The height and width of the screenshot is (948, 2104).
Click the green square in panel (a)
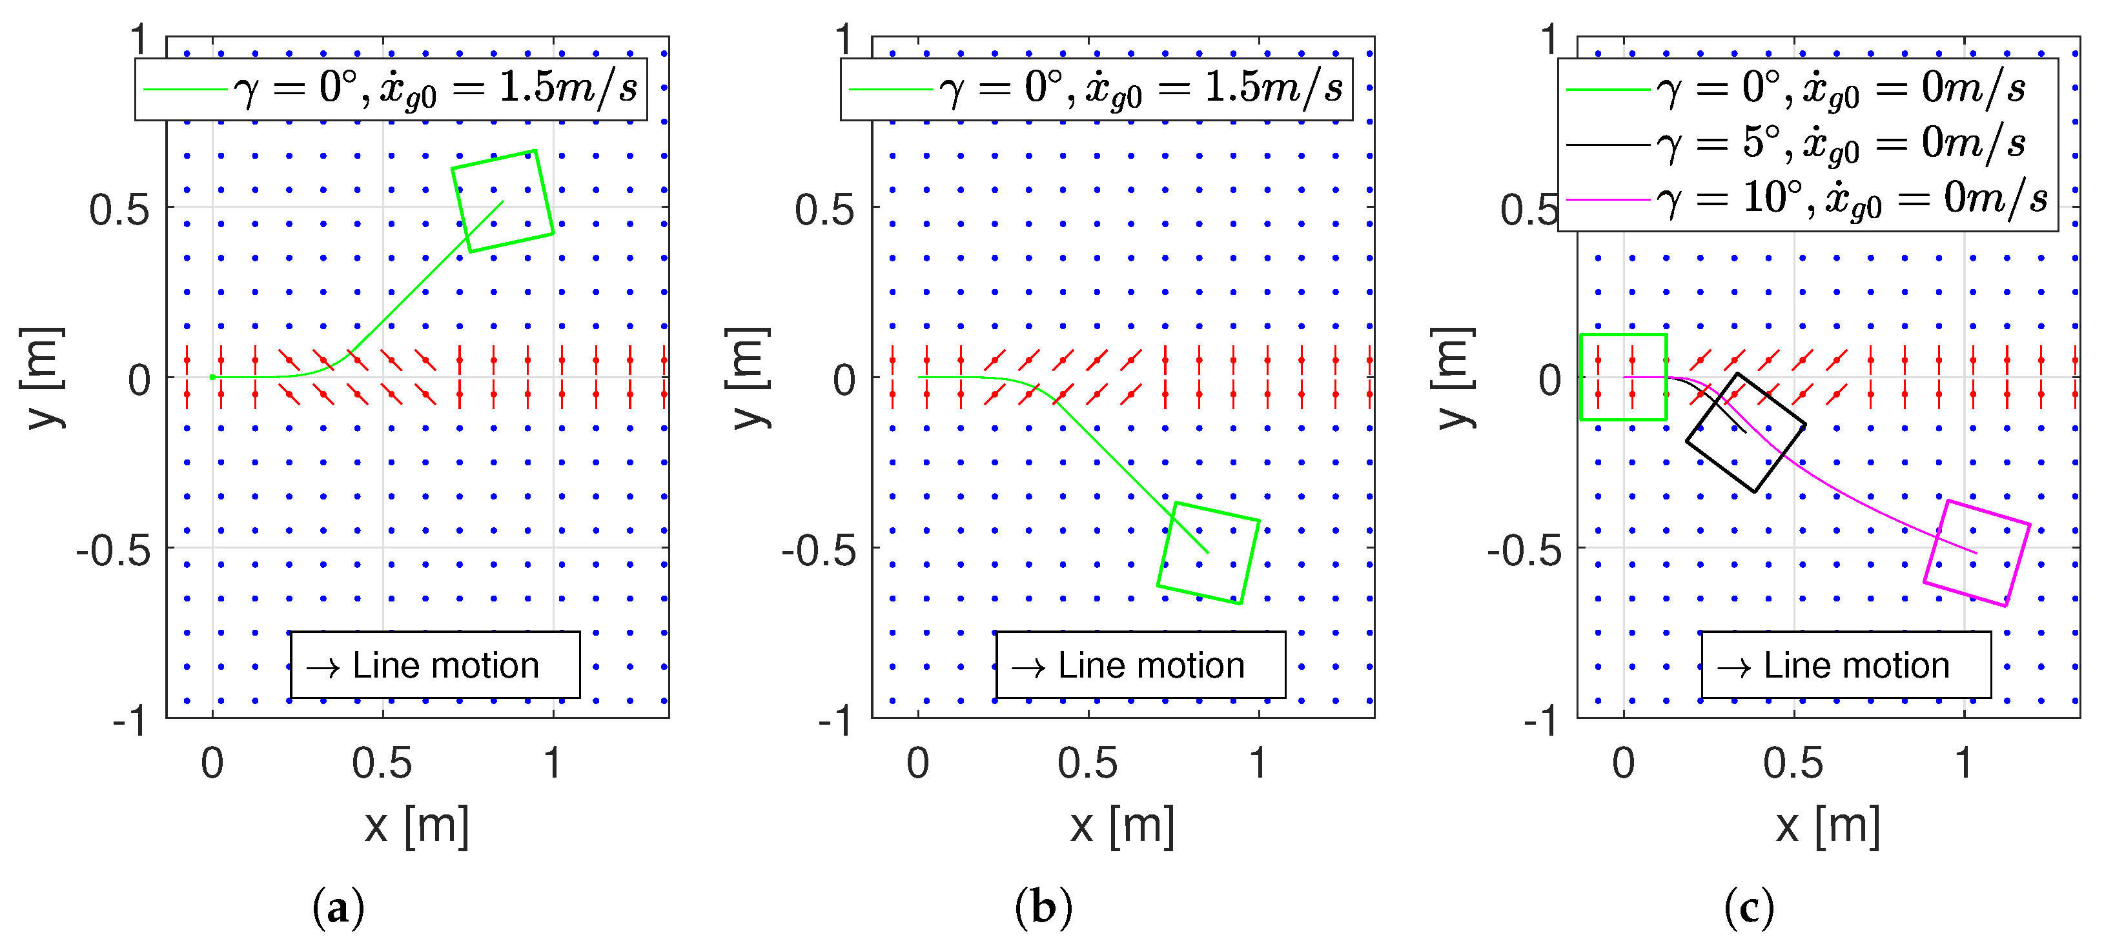click(x=502, y=201)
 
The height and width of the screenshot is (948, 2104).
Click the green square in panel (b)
click(x=1208, y=553)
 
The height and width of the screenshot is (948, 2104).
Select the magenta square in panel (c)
click(x=1977, y=553)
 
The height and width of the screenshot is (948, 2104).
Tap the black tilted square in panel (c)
click(x=1746, y=433)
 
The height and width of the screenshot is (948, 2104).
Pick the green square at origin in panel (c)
click(x=1623, y=378)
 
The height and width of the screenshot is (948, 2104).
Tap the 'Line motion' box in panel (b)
click(x=1140, y=665)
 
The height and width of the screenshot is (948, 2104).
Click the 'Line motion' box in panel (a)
click(x=435, y=665)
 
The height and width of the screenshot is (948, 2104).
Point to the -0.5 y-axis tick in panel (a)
click(x=114, y=551)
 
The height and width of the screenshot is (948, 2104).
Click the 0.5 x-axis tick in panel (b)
click(x=1088, y=763)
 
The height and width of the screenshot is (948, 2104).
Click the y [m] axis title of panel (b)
click(x=748, y=378)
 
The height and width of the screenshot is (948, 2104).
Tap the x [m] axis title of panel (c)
click(x=1828, y=826)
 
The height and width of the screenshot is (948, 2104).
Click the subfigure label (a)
click(x=338, y=907)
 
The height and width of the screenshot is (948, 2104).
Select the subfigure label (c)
click(x=1749, y=907)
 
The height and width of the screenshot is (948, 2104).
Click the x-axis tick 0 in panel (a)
click(x=212, y=763)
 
